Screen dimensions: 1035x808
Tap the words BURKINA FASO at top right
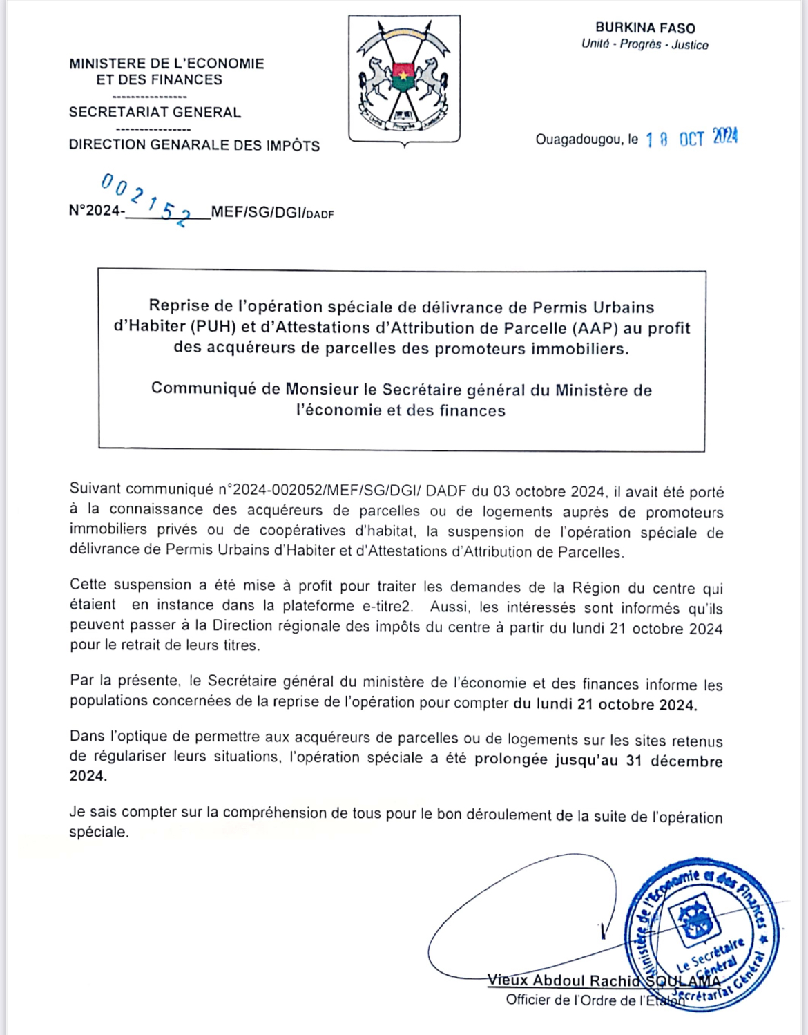pos(645,28)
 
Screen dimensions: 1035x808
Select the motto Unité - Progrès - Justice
pos(644,45)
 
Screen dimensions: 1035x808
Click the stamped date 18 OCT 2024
pos(691,138)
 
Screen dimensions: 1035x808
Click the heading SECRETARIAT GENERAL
pos(155,113)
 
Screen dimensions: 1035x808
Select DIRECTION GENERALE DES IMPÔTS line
pos(194,145)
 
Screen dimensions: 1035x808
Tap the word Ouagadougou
pos(579,140)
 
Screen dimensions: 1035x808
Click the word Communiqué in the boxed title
pos(204,388)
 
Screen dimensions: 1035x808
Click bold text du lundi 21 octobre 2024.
pos(605,704)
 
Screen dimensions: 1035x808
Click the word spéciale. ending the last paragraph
pos(99,833)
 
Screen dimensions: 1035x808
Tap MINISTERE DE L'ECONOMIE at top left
pos(166,64)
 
